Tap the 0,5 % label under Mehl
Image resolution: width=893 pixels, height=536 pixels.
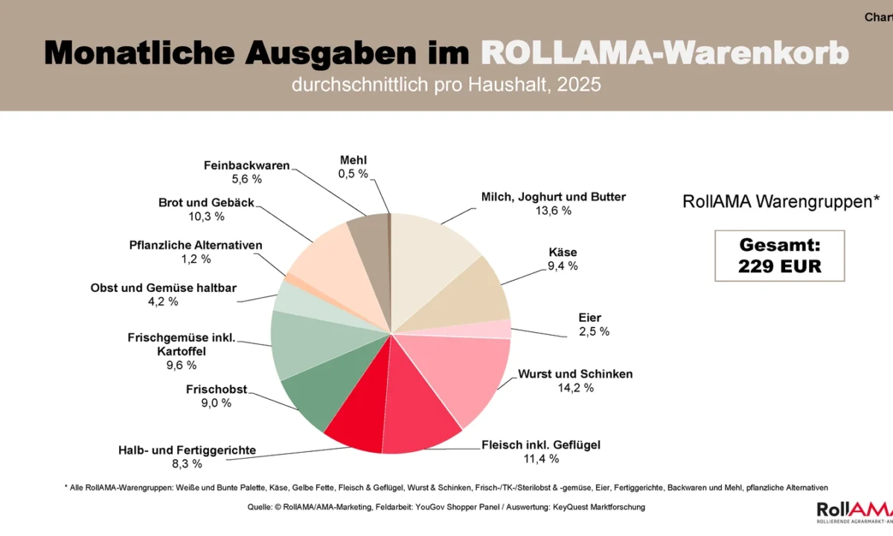coord(353,173)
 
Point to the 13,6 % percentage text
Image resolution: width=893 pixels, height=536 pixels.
coord(554,211)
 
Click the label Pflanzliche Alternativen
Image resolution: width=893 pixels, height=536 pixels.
coord(196,245)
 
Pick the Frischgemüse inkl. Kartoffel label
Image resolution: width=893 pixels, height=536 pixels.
coord(182,345)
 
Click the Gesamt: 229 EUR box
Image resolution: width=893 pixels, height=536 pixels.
coord(779,255)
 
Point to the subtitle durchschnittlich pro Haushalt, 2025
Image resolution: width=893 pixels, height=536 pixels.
coord(446,85)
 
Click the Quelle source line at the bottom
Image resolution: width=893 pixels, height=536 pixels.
coord(446,507)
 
